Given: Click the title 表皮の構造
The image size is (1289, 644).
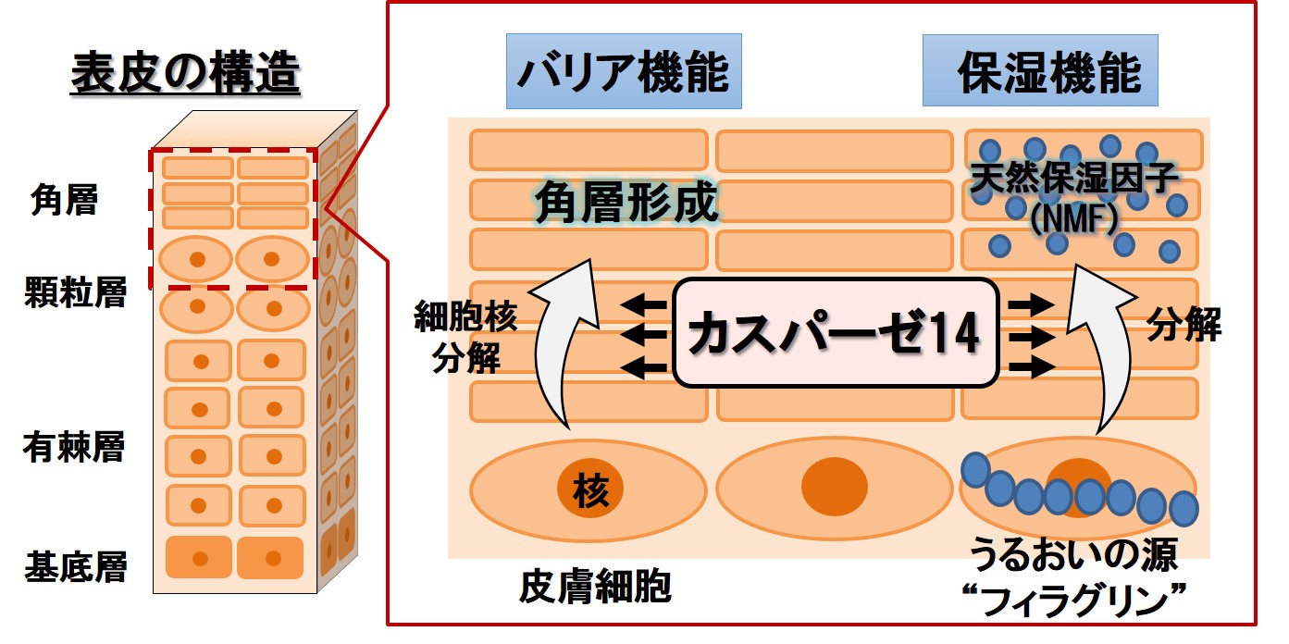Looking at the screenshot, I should tap(185, 75).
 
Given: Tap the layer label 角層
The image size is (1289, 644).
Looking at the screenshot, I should tap(63, 199).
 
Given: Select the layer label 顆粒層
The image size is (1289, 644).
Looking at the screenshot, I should tap(75, 293).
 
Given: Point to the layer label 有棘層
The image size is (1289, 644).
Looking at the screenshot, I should tap(73, 448).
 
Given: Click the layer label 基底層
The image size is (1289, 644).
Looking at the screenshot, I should tap(75, 564).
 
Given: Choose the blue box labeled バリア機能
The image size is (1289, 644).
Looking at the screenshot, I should tap(623, 72).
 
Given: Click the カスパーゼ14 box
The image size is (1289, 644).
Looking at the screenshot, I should tap(836, 333).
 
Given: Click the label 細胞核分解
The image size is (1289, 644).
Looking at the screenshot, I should tap(465, 335).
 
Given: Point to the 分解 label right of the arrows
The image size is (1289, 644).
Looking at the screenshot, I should tap(1184, 325).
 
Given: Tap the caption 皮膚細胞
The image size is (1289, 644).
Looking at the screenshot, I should tap(595, 586).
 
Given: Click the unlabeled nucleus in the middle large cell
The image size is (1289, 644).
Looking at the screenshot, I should tap(834, 485).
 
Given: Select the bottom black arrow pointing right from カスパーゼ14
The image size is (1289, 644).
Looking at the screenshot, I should tap(1032, 367).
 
